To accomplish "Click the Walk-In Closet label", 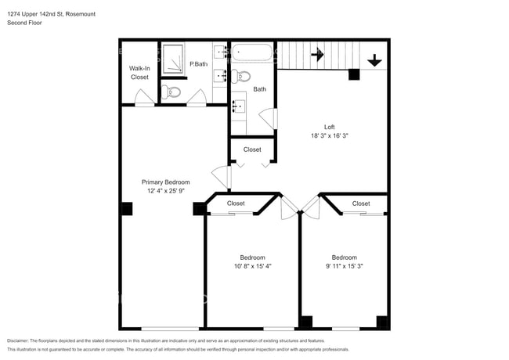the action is click(139, 73).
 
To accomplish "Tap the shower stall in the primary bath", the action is click(173, 59).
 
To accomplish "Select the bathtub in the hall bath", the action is click(252, 52).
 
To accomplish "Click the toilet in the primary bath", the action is click(171, 92).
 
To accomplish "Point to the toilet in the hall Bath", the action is click(240, 77).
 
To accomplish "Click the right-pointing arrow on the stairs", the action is click(317, 55).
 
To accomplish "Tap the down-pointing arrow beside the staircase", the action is click(374, 60).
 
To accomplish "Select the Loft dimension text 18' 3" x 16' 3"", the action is click(330, 136).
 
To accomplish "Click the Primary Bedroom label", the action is click(165, 182).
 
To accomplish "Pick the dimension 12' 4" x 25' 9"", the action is click(166, 191).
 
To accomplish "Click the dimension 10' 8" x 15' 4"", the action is click(253, 266).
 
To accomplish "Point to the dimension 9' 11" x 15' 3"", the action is click(345, 266).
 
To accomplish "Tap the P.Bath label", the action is click(199, 64).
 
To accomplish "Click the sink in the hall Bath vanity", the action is click(239, 106).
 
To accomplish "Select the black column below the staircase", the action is click(354, 74).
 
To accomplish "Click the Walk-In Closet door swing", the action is click(144, 97).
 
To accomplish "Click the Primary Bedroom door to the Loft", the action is click(222, 177).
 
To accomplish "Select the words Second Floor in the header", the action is click(25, 23).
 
